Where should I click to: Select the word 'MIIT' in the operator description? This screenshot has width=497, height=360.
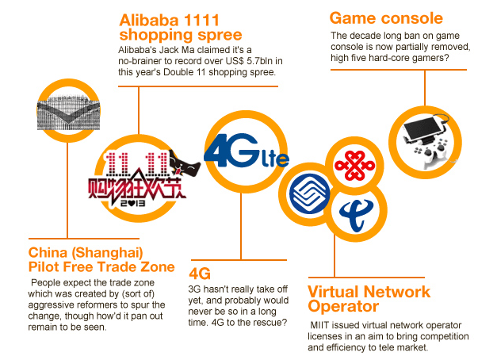(x=323, y=326)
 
